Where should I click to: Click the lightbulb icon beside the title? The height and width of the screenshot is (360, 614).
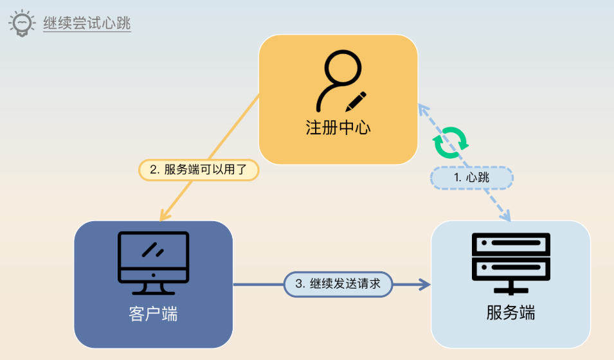point(22,24)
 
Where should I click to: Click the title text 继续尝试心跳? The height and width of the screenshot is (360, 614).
point(87,24)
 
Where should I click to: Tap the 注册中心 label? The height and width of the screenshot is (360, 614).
point(338,127)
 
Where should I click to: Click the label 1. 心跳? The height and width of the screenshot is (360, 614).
point(471,178)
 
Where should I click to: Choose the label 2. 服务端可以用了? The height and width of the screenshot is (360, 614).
point(199,170)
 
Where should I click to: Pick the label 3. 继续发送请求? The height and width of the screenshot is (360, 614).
point(338,283)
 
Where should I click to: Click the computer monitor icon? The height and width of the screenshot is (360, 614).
point(153,258)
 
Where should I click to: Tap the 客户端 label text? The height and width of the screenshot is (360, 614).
point(153,314)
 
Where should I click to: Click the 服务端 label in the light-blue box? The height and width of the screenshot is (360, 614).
point(510,314)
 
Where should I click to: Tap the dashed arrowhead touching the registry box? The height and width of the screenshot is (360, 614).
point(423,110)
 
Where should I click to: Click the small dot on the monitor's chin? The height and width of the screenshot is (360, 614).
point(153,274)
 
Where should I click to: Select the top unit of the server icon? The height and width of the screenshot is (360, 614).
point(510,243)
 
